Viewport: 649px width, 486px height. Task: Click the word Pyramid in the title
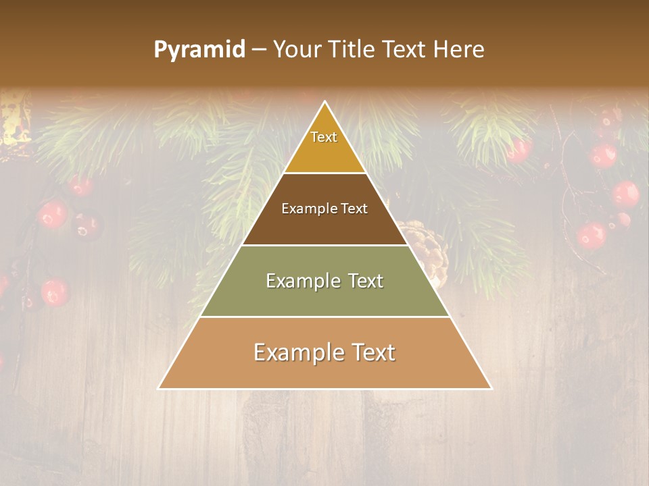point(199,50)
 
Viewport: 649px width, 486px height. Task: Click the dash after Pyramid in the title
point(259,50)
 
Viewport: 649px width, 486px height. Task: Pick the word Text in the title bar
point(406,49)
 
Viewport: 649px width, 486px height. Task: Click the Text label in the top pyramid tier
point(324,137)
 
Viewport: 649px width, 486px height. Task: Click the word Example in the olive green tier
point(301,281)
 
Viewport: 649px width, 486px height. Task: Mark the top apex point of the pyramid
point(325,102)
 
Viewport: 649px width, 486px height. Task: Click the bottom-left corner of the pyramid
point(159,389)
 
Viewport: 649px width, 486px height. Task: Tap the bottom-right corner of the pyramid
point(491,389)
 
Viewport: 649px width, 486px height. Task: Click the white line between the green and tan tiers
point(325,317)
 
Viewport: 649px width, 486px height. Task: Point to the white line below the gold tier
point(325,173)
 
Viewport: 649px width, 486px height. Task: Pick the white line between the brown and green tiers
point(325,245)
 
